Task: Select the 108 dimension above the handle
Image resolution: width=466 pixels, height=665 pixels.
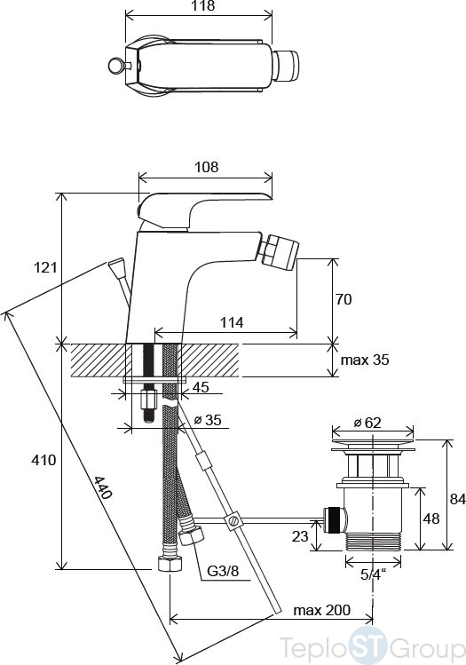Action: click(207, 167)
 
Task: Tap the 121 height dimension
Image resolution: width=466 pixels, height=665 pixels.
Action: click(45, 267)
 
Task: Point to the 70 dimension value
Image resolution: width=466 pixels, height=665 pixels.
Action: click(344, 299)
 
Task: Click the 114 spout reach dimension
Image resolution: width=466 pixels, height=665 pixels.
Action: click(232, 323)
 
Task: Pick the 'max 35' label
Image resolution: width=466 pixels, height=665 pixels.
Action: click(365, 360)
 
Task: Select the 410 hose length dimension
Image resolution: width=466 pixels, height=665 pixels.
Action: click(43, 460)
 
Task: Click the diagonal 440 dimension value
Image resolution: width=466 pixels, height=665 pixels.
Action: click(103, 487)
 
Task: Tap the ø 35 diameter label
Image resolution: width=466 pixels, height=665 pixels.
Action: click(208, 420)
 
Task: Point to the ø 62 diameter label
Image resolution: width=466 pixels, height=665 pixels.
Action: click(367, 423)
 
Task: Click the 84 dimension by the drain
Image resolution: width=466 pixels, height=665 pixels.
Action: click(458, 499)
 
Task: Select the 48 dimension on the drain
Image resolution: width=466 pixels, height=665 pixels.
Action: click(431, 519)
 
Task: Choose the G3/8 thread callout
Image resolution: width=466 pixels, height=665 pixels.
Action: click(223, 571)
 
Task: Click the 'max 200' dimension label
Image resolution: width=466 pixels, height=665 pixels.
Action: click(322, 611)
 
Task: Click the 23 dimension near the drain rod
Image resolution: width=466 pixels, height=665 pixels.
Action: click(300, 536)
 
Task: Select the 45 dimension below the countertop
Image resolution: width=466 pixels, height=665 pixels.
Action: click(201, 387)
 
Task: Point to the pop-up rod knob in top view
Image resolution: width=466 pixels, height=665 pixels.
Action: click(115, 66)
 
